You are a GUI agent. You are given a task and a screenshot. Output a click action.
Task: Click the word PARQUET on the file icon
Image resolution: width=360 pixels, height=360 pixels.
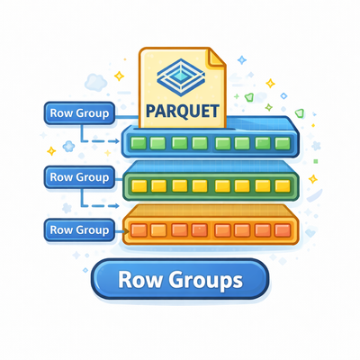pos(183,111)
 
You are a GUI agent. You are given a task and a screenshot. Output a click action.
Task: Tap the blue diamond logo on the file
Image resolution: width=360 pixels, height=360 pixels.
pos(181,77)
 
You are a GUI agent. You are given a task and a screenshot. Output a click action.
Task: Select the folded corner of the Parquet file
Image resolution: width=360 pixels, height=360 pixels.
pos(217,57)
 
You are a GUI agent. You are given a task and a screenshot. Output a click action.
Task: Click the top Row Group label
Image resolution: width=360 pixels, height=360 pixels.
pos(79,113)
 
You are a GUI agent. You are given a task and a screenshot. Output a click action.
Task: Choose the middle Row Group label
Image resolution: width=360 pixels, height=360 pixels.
pos(79,177)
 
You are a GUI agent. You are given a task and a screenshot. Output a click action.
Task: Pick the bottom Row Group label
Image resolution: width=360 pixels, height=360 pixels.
pos(79,230)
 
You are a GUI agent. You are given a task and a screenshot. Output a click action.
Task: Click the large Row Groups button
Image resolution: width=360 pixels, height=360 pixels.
pos(180,279)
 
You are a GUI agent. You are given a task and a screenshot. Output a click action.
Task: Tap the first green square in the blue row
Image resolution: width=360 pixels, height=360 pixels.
pos(139,143)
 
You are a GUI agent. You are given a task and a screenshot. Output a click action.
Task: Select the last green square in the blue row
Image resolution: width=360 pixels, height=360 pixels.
pos(283,143)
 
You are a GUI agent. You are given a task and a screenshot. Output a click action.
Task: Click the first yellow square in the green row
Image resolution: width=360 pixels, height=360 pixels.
pos(139,186)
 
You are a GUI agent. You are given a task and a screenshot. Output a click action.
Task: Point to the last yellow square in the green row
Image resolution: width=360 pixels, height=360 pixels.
pos(283,186)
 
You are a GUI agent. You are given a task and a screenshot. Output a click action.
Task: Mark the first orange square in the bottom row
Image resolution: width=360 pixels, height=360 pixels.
pos(139,230)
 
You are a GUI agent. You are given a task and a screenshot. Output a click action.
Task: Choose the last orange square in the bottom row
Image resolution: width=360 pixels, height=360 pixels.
pos(283,230)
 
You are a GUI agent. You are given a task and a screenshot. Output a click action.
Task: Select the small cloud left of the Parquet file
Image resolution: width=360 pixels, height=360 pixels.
pos(95,82)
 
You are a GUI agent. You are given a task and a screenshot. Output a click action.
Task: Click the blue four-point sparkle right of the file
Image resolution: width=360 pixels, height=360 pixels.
pos(242,59)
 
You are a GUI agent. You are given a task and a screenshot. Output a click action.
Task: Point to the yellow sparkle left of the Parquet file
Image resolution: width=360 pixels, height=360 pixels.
pos(119,76)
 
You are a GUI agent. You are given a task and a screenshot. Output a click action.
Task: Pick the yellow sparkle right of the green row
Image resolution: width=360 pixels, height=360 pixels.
pos(313,179)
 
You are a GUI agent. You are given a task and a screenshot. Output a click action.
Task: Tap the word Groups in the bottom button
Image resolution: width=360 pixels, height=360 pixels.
pos(205,280)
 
